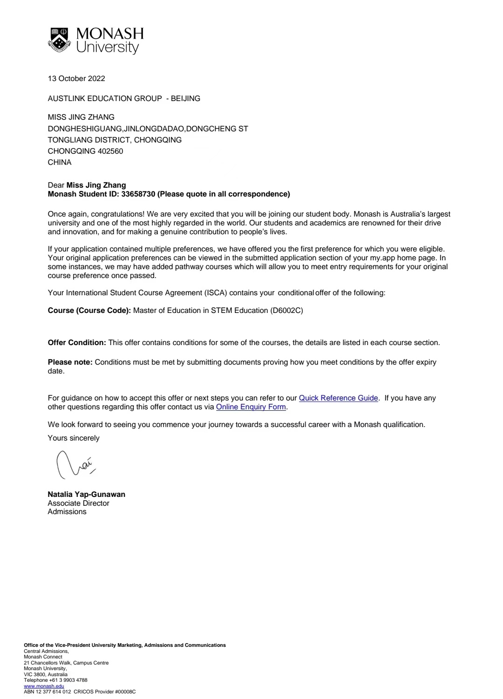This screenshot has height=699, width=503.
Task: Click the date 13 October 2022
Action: (76, 78)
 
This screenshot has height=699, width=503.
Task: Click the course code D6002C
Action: (286, 310)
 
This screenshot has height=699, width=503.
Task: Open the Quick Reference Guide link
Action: (338, 398)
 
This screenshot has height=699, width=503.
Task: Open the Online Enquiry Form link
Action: (251, 407)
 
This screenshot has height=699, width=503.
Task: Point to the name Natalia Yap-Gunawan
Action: (86, 494)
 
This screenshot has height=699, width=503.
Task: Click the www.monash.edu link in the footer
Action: (44, 686)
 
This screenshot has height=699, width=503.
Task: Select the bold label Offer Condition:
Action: (77, 342)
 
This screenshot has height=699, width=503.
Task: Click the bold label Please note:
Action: (70, 362)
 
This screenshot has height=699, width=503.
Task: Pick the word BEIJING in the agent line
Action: (185, 98)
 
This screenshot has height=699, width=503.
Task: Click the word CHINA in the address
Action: (60, 162)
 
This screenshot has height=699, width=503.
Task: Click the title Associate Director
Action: (78, 503)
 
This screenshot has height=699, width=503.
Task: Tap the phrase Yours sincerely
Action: (74, 438)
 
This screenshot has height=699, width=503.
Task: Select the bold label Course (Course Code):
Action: (89, 310)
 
